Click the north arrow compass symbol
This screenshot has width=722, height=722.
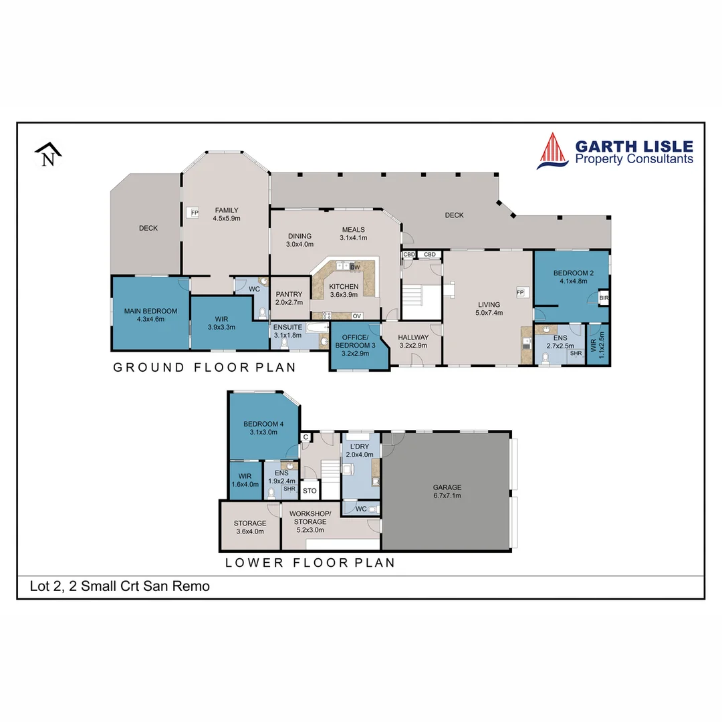48,155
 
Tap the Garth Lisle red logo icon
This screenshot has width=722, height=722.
552,150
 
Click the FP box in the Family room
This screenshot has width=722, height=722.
195,213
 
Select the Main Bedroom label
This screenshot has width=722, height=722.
150,315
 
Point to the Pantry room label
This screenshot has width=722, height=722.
289,298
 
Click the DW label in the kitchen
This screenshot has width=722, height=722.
355,267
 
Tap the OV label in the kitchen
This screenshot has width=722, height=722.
357,316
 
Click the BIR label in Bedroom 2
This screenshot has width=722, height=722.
604,297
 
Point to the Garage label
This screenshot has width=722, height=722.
447,492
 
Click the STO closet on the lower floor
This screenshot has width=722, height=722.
309,491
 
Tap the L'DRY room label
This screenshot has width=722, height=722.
359,450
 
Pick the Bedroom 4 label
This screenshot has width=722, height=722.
263,427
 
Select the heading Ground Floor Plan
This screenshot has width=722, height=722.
204,367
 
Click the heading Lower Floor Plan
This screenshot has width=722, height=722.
310,562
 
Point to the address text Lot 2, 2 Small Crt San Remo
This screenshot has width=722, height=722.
120,586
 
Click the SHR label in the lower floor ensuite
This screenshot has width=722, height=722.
289,489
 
